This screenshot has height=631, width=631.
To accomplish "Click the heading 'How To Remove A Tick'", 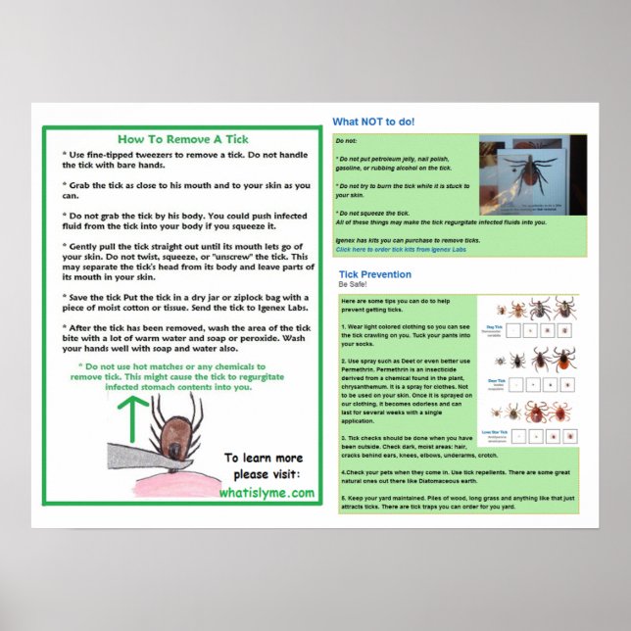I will pos(181,139).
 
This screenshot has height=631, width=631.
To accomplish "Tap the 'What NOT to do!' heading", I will pos(373,122).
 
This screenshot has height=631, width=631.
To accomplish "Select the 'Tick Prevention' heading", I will pos(374,274).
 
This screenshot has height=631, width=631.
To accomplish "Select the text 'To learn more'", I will pos(264,458).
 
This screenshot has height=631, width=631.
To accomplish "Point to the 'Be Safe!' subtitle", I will pos(351,285).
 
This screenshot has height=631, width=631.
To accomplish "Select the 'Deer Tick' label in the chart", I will pos(496,379).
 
